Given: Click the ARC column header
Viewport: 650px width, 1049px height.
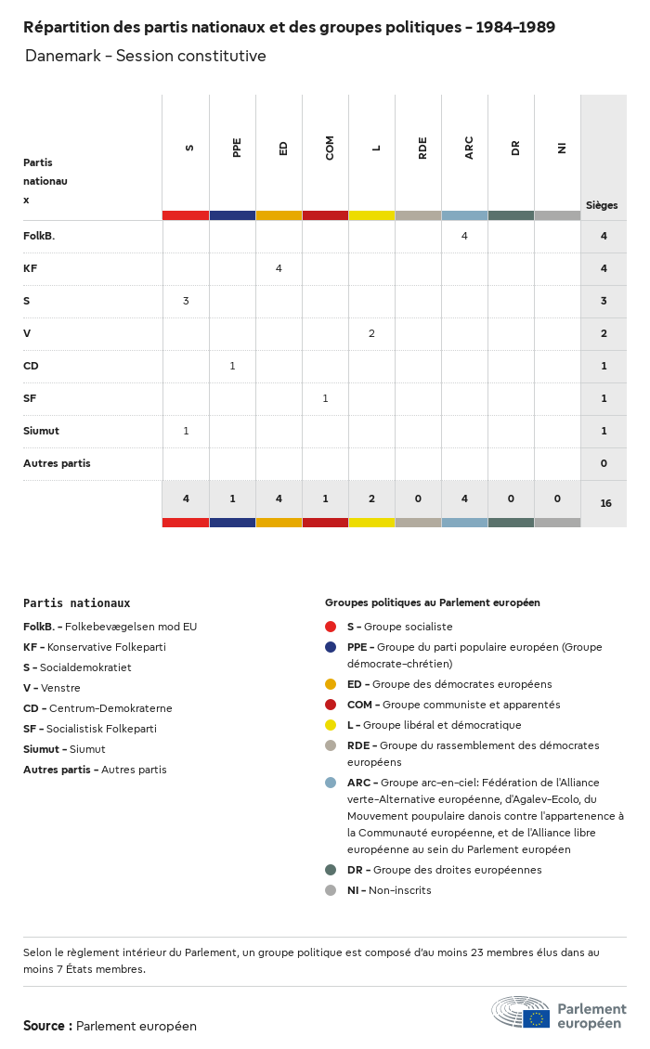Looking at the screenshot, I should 469,148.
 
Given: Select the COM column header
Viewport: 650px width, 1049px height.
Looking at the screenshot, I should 330,148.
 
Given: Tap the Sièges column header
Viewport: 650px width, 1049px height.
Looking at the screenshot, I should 602,205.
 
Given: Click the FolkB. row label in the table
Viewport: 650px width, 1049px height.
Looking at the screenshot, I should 39,236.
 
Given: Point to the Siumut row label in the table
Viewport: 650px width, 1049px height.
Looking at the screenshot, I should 41,431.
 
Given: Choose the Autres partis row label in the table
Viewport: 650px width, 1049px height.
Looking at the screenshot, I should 57,463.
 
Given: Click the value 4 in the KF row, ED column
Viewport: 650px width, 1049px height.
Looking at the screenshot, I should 279,268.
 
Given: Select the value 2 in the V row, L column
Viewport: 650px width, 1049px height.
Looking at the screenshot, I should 371,333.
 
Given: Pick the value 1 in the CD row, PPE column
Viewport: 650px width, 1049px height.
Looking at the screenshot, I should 232,366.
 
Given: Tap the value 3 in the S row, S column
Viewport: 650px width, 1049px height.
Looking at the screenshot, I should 186,301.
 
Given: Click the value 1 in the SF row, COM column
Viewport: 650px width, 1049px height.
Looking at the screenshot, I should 325,398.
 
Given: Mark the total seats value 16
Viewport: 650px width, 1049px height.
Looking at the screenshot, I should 605,503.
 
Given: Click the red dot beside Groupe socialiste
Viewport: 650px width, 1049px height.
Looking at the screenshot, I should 331,627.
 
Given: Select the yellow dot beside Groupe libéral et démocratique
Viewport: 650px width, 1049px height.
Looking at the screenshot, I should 331,725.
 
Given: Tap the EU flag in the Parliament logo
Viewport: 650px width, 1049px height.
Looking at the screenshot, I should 536,1018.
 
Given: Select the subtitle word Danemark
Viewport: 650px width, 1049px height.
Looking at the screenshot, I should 60,56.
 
